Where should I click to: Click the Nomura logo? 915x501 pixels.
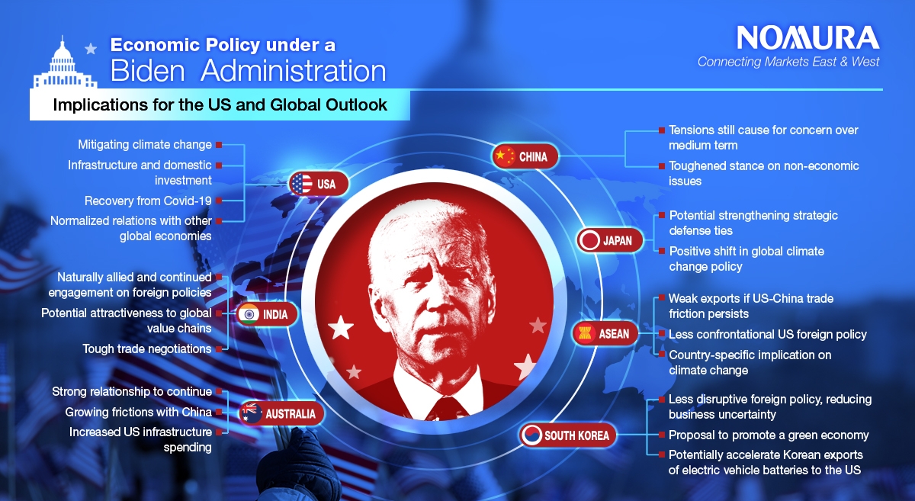pos(808,37)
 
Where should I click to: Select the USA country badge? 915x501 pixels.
pos(319,184)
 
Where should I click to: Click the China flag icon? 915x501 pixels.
pos(504,156)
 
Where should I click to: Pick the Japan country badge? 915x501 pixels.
pos(609,240)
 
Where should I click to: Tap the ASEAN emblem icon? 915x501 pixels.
pos(584,334)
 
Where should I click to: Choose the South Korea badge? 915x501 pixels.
pos(567,435)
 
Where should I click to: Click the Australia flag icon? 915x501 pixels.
pos(251,413)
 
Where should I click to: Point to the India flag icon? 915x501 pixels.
pos(249,314)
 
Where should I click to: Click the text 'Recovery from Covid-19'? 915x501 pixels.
pos(148,201)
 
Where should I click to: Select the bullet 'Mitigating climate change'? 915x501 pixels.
pos(145,145)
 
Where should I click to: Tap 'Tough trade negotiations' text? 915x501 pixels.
pos(147,348)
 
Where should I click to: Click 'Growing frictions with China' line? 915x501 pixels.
pos(139,412)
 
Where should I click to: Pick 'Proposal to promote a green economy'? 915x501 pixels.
pos(769,435)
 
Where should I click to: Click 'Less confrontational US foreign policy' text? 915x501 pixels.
pos(767,334)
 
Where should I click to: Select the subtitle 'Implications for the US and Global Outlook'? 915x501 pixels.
pos(220,105)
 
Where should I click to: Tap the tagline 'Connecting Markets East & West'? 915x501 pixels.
pos(788,62)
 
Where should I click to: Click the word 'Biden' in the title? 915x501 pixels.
pos(147,71)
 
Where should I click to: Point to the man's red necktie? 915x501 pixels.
pos(447,408)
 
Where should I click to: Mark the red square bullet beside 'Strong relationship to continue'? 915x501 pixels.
pos(219,391)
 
